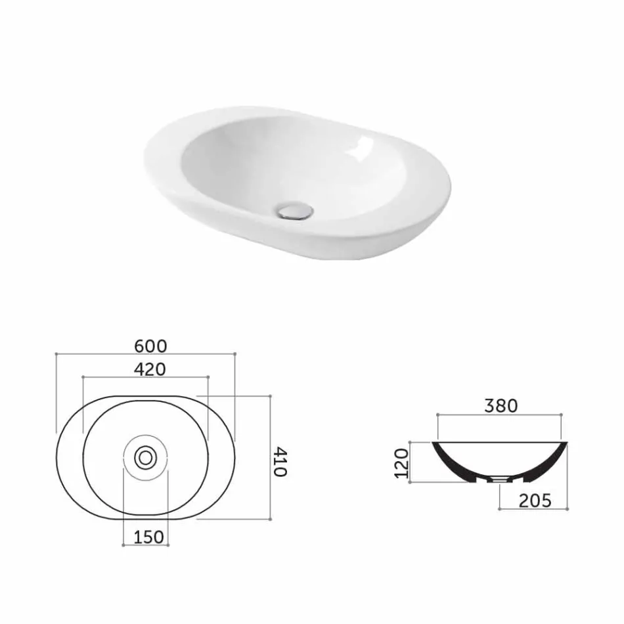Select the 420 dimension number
[149, 369]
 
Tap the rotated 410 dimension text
[280, 462]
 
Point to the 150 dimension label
[148, 537]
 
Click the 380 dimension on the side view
[501, 406]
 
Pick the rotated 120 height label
[402, 463]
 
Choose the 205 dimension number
[534, 501]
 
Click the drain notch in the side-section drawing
[500, 479]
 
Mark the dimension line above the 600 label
[146, 354]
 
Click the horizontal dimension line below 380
[499, 415]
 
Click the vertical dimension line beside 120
[410, 462]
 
